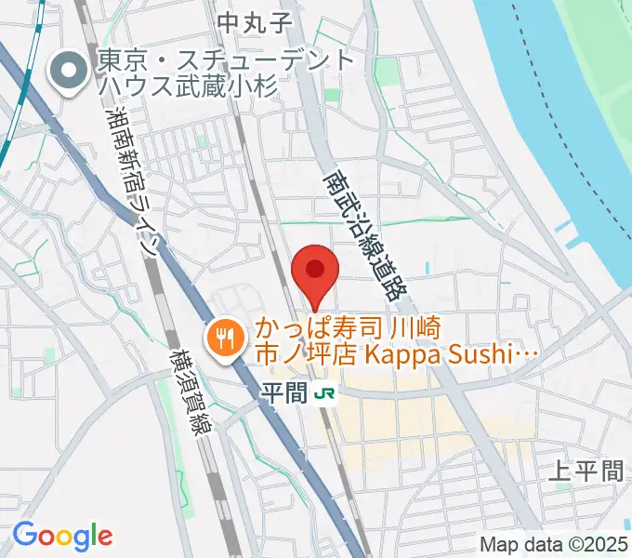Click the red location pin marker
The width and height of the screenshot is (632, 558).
(314, 272)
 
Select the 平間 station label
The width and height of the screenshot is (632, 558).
(283, 394)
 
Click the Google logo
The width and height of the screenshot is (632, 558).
(62, 535)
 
